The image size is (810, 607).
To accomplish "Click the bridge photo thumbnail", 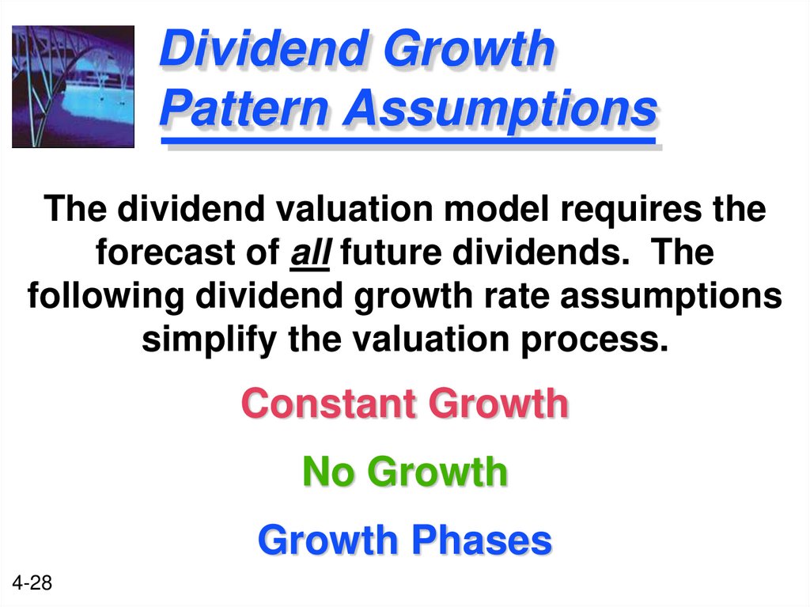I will (x=73, y=86).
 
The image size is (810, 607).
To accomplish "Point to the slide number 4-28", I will (x=32, y=584).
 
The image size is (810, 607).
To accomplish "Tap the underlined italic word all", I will (x=310, y=254).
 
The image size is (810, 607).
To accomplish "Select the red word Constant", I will (x=330, y=404).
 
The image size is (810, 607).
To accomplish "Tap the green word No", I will (x=326, y=472).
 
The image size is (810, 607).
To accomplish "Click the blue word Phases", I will (x=480, y=541).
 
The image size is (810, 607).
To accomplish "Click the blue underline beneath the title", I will (x=408, y=142).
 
